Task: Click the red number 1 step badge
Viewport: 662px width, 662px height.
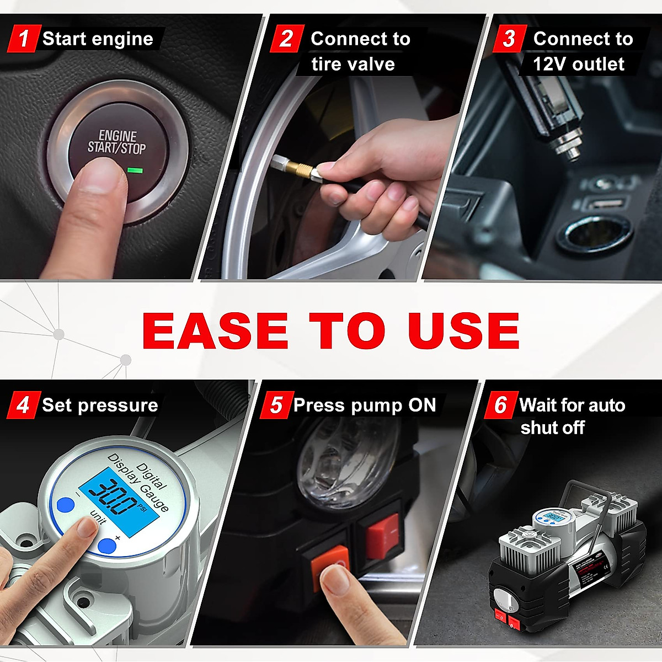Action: tap(23, 39)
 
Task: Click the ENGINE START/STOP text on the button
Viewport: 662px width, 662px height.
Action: tap(116, 142)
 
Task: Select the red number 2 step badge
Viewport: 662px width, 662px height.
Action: tap(286, 39)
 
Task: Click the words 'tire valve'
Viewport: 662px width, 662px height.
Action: tap(353, 64)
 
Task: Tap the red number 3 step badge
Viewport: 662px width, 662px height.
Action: tap(509, 39)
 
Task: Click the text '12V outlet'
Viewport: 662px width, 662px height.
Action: tap(578, 64)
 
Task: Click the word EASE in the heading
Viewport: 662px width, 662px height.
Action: tap(215, 330)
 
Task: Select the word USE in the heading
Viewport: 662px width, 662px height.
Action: tap(463, 330)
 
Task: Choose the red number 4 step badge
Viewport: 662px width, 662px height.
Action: tap(23, 405)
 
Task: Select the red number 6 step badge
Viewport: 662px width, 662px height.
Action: tap(500, 405)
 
